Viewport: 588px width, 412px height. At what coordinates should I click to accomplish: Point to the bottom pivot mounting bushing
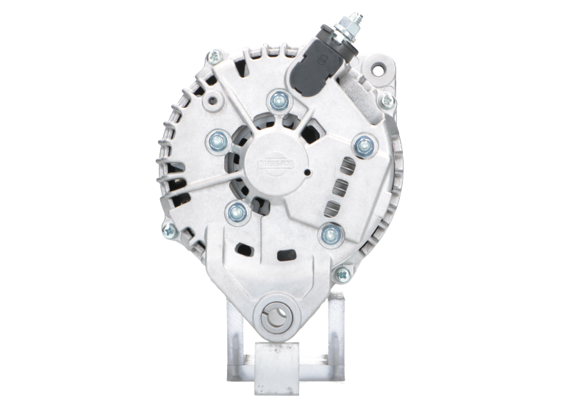click(277, 317)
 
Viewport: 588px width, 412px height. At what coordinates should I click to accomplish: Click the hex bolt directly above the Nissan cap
click(279, 99)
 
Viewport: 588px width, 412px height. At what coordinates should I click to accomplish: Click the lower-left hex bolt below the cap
click(237, 213)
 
